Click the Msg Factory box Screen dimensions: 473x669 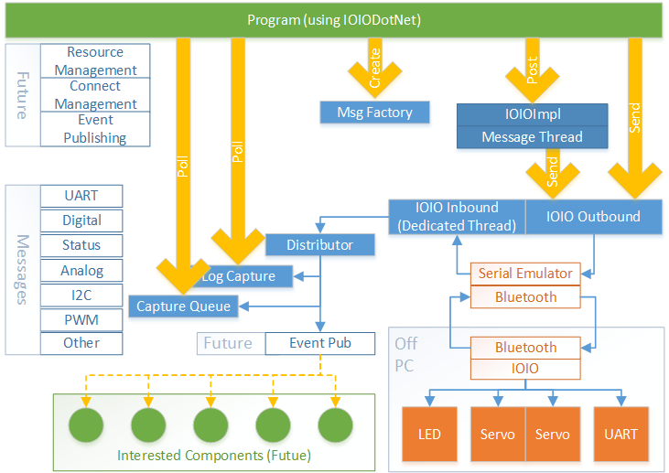coord(375,113)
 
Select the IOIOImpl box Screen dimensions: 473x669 coord(533,114)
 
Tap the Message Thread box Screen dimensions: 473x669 coord(533,137)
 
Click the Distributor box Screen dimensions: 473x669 coord(320,244)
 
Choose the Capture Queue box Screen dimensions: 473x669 coord(184,306)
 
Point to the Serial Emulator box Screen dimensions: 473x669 coord(525,274)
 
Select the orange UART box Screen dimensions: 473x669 coord(622,434)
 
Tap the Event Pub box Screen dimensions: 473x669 coord(319,343)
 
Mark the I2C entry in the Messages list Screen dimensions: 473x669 coord(81,295)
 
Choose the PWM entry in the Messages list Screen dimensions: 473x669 coord(81,319)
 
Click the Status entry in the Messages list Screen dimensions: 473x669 coord(81,245)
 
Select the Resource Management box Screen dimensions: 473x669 coord(95,61)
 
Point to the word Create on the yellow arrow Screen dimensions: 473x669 coord(374,72)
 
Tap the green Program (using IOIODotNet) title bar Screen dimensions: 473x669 coord(333,20)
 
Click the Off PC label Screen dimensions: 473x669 coord(406,353)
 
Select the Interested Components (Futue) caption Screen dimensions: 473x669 coord(214,456)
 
